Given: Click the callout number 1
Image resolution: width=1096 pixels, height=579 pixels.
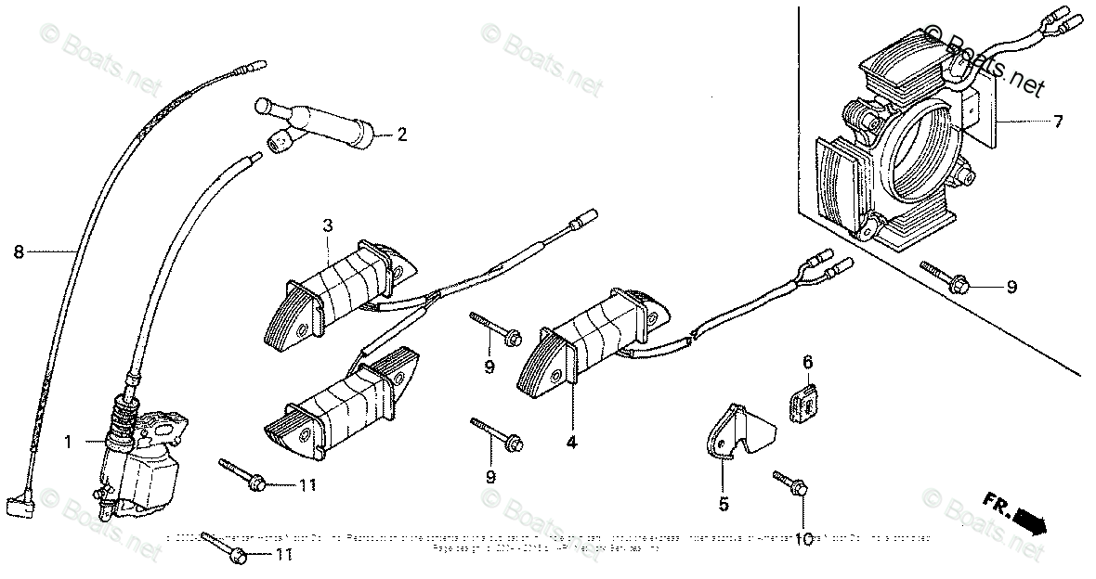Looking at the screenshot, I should (x=68, y=444).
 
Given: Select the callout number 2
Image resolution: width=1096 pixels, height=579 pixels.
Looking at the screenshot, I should (x=401, y=135).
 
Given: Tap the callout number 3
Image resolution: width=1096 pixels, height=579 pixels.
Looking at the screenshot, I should (x=328, y=225).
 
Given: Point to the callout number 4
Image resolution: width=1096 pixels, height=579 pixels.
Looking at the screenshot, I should (x=571, y=444).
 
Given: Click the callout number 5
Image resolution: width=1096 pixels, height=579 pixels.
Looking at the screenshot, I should (x=724, y=505).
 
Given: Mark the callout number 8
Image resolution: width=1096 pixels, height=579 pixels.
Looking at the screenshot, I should (x=18, y=251).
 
